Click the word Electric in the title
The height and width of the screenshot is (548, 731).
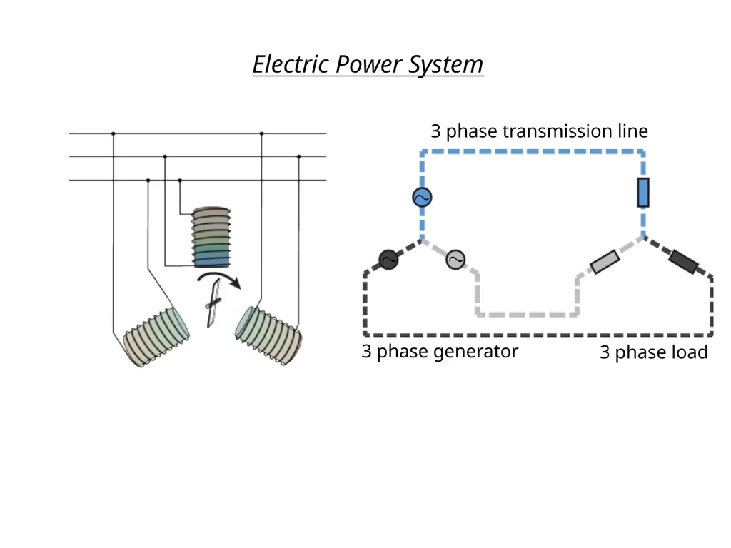point(291,64)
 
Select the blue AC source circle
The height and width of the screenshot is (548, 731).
point(422,197)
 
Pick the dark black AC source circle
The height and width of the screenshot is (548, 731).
point(388,260)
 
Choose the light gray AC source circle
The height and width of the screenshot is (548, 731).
point(455,260)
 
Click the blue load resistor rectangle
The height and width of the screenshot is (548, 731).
point(643,193)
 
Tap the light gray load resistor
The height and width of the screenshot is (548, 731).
point(605,262)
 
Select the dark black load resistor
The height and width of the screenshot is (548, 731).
point(683,262)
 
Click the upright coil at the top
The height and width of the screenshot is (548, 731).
point(211,237)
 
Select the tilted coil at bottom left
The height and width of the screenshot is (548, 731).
point(156,337)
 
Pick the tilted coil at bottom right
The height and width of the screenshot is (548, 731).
point(268,335)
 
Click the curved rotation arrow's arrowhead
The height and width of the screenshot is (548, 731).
point(236,283)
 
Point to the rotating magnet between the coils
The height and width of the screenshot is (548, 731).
point(213,303)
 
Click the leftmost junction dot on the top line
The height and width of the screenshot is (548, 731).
point(114,133)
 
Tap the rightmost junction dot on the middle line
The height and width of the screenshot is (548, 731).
point(299,156)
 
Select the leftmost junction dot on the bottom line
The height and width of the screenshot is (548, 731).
point(148,180)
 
